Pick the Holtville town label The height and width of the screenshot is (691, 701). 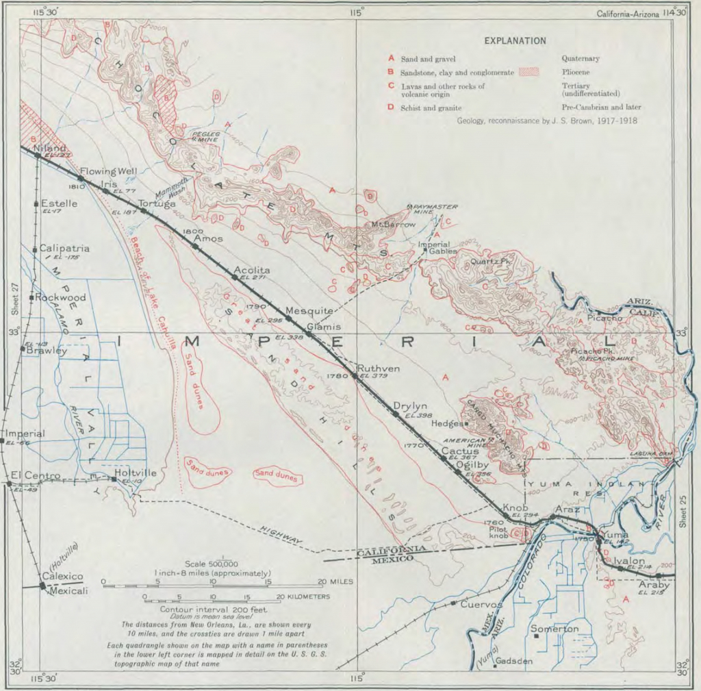[136, 473]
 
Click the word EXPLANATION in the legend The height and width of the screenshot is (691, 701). [515, 40]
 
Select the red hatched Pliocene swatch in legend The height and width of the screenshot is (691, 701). [530, 71]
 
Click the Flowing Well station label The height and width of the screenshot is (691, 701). [109, 171]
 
